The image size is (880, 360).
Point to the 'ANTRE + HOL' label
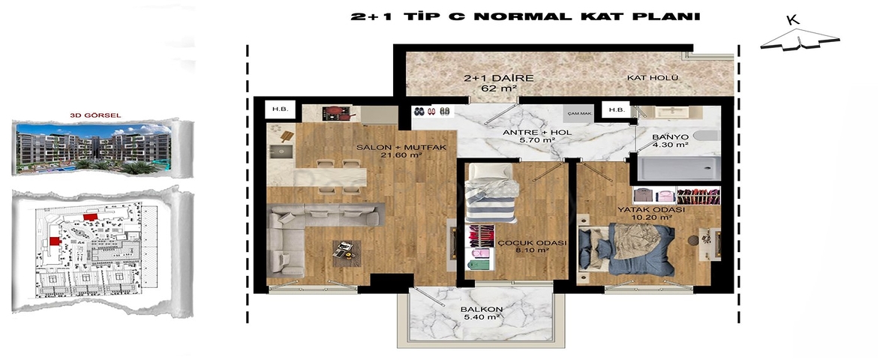(x=529, y=136)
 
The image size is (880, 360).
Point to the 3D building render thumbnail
(x=98, y=148)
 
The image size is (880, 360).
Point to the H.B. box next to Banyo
(x=617, y=110)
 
